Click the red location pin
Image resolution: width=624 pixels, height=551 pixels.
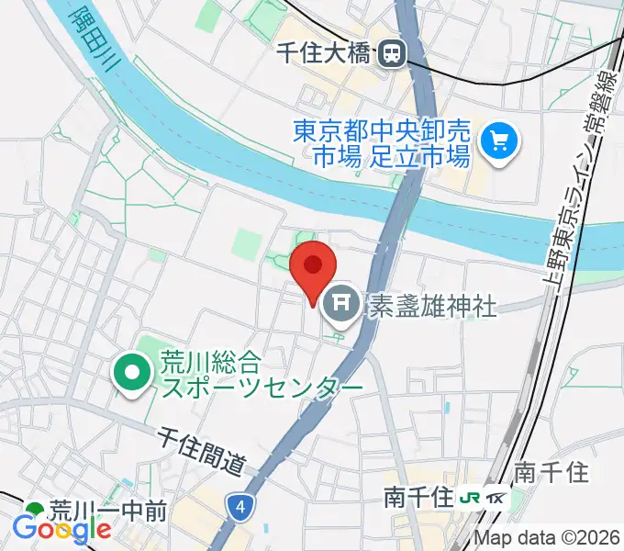312,267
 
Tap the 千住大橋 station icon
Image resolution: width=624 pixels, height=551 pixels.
393,54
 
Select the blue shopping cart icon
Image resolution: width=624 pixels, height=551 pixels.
501,141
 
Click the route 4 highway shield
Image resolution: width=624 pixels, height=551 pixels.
240,505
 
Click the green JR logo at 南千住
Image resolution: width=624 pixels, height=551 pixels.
470,499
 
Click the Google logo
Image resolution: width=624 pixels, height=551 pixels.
61,528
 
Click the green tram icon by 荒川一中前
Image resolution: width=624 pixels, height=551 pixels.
36,511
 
